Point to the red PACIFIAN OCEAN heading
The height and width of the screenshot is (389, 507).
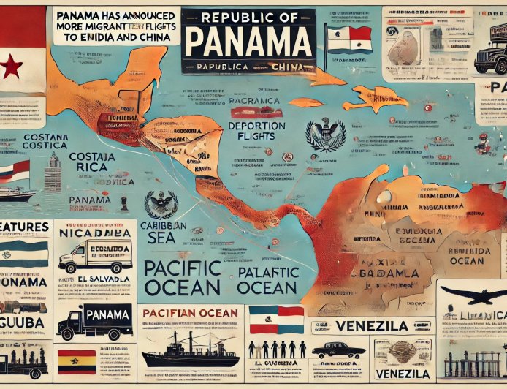point(190,313)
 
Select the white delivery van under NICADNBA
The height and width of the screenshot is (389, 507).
point(94,256)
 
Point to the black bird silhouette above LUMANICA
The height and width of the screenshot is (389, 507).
point(473,295)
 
